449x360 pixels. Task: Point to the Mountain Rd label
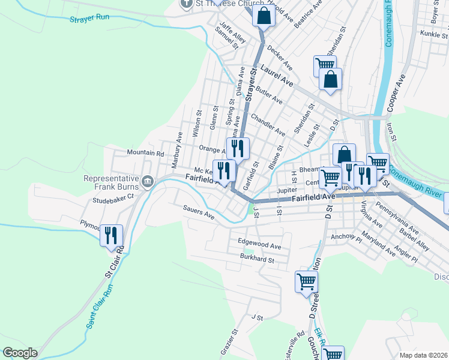tap(145, 154)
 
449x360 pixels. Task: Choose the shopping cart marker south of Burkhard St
tap(306, 281)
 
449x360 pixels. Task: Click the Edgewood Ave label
tap(259, 246)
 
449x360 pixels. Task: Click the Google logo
tap(20, 353)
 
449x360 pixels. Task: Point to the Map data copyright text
tap(424, 355)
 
